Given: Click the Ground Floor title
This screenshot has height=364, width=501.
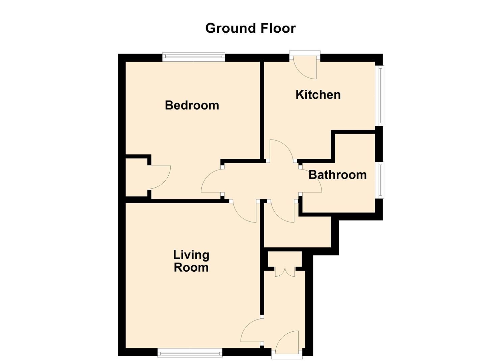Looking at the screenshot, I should tap(250, 28).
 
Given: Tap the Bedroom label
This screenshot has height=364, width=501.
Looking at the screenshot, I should tap(192, 105).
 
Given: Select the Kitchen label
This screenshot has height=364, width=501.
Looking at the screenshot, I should tap(318, 95).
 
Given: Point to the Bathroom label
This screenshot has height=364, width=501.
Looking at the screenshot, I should tap(337, 175).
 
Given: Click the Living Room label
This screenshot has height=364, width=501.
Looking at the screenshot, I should tap(191, 261).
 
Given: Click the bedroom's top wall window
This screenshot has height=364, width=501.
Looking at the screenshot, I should tap(193, 57).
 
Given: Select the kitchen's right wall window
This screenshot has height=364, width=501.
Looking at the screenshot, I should tap(380, 95).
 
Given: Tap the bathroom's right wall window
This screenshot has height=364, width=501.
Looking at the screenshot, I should tap(380, 180).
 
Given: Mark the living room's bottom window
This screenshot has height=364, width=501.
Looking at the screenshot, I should tap(190, 353).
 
